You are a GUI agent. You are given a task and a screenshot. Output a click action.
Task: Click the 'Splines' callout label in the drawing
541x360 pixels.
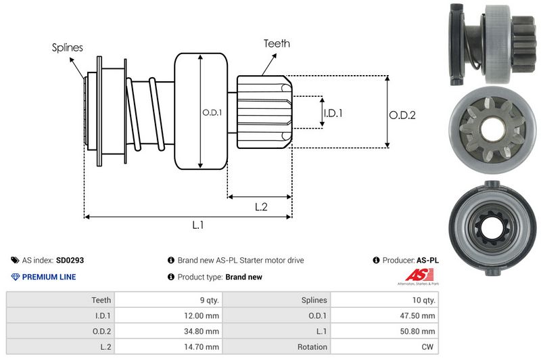coord(68,48)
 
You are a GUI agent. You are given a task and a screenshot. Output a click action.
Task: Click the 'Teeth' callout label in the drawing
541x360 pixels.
coord(277,43)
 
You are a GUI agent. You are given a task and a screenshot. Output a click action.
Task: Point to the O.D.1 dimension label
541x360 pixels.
coord(212,112)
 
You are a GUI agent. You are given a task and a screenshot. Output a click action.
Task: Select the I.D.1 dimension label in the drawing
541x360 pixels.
coord(333,113)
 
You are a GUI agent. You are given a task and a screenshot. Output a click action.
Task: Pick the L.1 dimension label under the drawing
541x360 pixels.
coord(198,225)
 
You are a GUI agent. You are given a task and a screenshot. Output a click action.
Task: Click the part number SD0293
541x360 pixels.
coord(70,260)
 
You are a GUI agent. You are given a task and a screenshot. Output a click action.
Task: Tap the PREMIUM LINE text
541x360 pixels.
coord(49,277)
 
